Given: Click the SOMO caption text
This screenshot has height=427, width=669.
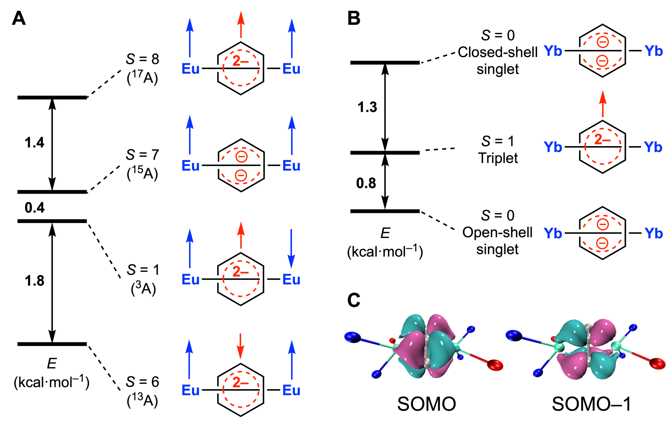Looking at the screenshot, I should (427, 404).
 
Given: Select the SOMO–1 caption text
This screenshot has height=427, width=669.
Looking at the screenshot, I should (591, 404).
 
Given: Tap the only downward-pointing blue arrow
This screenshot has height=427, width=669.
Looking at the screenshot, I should (291, 248).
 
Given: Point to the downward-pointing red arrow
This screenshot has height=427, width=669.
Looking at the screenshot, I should (240, 346).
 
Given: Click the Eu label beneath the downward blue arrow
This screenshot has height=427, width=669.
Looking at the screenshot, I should (291, 279).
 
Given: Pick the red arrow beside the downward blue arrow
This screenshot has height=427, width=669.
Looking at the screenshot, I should (241, 235).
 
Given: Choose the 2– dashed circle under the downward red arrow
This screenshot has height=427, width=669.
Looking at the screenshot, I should (241, 389).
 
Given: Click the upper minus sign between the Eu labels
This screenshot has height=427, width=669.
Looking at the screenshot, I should (242, 157).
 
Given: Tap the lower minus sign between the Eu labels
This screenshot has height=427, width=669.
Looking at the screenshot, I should (241, 176).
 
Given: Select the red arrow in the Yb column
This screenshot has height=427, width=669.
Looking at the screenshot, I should (603, 104).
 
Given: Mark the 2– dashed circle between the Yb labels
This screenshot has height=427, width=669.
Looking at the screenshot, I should (603, 146).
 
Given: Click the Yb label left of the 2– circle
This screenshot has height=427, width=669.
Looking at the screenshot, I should (553, 147).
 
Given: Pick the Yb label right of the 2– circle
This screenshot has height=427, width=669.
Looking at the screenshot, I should (653, 147).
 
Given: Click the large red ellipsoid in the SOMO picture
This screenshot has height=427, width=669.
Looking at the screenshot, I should (495, 365).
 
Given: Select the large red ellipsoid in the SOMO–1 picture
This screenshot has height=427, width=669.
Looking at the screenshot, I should (657, 363).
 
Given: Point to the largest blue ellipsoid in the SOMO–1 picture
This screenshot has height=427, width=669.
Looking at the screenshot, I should (514, 335).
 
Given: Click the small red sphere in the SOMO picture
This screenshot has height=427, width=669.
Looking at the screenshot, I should (392, 341).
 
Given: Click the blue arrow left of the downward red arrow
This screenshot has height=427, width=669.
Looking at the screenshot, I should (189, 359).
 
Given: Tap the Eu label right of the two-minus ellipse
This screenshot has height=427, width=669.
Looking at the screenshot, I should (291, 166).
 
